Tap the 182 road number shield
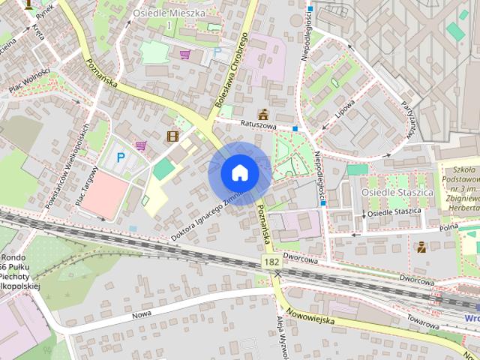coord(272,260)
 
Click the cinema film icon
coord(173,136)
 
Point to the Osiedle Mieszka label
coord(169,13)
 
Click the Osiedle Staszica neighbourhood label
coord(387,193)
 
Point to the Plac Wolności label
coord(30,81)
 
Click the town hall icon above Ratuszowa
coord(262,114)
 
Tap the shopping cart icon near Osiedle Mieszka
coord(184,54)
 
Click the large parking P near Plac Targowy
coord(121,158)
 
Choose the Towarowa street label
coord(424,320)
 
